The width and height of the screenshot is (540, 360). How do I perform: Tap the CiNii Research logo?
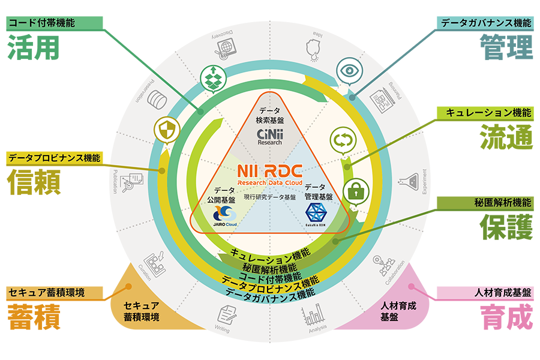tap(269, 136)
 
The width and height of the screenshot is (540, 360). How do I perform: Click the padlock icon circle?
tap(355, 193)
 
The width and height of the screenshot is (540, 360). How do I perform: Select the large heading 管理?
tap(506, 47)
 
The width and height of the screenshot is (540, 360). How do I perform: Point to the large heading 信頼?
tap(34, 182)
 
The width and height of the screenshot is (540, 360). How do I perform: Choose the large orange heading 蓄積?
tap(34, 317)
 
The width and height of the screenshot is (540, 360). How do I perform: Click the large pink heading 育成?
tap(506, 317)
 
